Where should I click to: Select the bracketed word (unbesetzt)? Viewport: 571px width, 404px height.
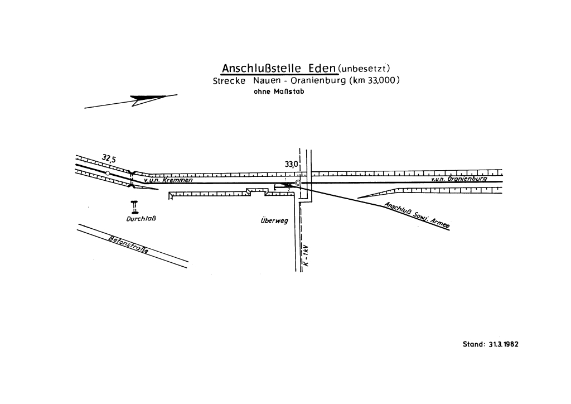(x=367, y=69)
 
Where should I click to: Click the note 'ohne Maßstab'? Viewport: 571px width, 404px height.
(x=278, y=93)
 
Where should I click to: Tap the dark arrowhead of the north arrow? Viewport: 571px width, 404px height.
(x=147, y=99)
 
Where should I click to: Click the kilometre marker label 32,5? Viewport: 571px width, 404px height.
(x=109, y=160)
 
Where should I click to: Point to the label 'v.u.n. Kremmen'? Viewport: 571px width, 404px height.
(x=168, y=180)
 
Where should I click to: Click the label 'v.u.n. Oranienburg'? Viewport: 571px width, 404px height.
(x=459, y=179)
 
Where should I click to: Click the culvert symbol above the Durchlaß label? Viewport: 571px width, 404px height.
(x=134, y=207)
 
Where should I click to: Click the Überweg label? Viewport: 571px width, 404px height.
(x=274, y=220)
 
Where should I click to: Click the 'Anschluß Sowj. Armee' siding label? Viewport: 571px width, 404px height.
(x=418, y=215)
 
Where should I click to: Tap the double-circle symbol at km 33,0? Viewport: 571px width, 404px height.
(x=298, y=182)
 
